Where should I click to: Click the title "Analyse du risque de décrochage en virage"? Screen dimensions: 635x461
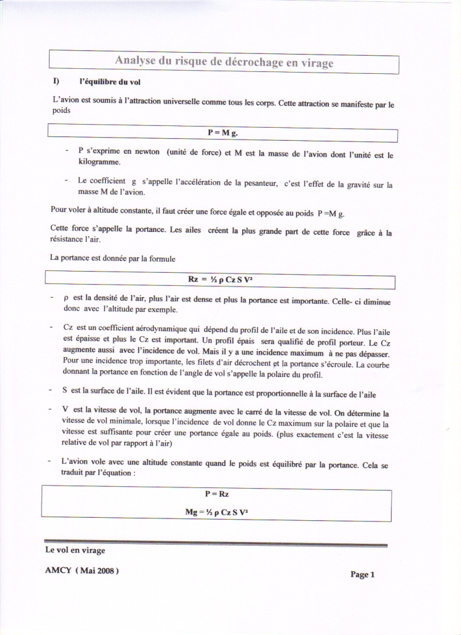pyautogui.click(x=224, y=63)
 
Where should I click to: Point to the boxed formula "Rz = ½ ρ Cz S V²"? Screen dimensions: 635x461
pyautogui.click(x=221, y=280)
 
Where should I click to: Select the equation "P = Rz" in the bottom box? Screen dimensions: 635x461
pyautogui.click(x=217, y=494)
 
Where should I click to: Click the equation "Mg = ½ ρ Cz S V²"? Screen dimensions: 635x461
pyautogui.click(x=217, y=512)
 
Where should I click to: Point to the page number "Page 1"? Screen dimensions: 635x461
pyautogui.click(x=362, y=574)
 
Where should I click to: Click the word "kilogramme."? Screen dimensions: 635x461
pyautogui.click(x=99, y=161)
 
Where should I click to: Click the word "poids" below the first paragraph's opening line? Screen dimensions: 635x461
pyautogui.click(x=61, y=110)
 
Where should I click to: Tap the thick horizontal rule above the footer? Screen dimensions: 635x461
pyautogui.click(x=216, y=543)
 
